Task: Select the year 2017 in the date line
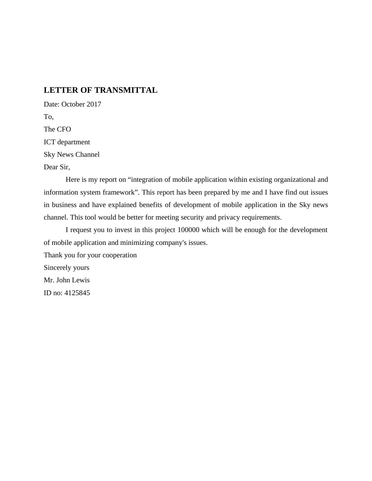[x=94, y=104]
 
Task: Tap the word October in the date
[x=73, y=104]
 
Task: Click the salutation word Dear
[x=51, y=167]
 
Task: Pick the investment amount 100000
[x=188, y=230]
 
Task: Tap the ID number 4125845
[x=77, y=293]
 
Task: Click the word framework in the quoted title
[x=120, y=192]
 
